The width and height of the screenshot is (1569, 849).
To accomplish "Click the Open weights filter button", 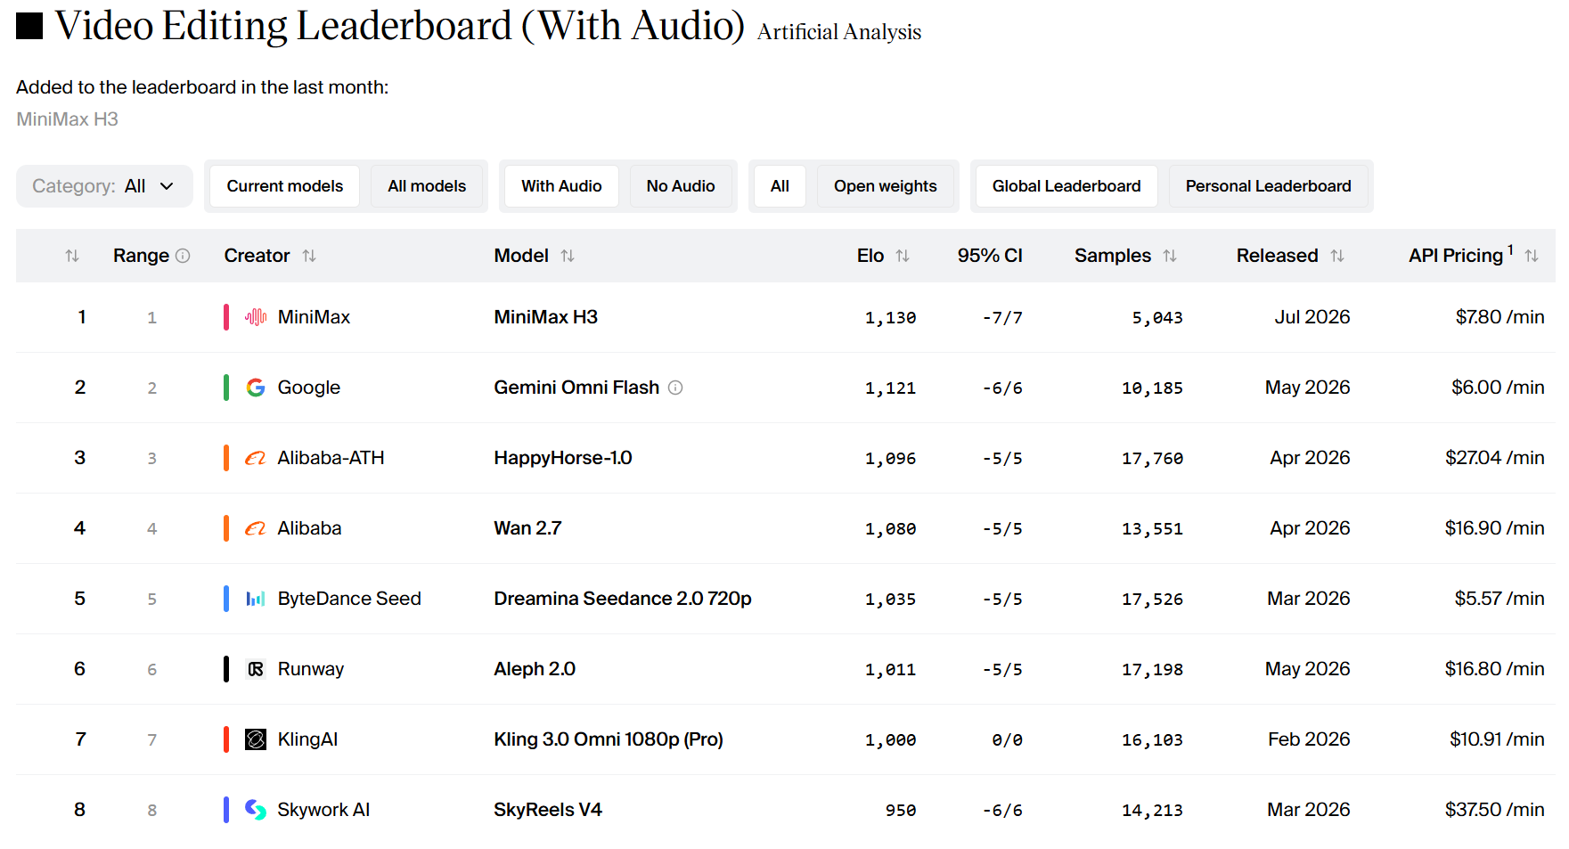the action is click(x=885, y=186).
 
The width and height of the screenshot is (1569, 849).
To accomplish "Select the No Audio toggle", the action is click(x=681, y=186).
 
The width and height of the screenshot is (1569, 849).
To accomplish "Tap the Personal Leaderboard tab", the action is click(x=1268, y=186).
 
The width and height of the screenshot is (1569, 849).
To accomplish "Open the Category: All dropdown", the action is click(x=104, y=186).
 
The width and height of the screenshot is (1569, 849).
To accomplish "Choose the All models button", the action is click(x=427, y=186).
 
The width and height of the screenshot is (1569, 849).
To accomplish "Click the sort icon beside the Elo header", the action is click(x=903, y=256).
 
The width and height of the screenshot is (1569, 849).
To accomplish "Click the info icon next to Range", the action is click(x=183, y=256).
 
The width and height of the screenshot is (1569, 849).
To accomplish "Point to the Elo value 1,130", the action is click(x=890, y=318).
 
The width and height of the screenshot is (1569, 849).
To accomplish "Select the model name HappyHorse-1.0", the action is click(x=563, y=458).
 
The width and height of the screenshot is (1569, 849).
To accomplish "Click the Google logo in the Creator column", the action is click(x=256, y=388).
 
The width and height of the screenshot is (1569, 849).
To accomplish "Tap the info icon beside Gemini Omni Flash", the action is click(x=675, y=388).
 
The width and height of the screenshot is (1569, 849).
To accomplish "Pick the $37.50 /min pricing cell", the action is click(x=1494, y=810).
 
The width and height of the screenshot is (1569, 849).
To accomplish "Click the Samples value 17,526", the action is click(x=1152, y=600).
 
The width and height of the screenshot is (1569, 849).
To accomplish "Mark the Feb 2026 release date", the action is click(x=1309, y=739).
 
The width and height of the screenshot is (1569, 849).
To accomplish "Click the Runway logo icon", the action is click(x=256, y=669).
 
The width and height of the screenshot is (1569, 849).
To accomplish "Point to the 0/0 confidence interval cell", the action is click(x=1007, y=740).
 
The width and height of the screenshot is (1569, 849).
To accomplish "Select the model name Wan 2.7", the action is click(x=527, y=528).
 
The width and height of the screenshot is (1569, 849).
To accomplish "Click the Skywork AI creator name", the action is click(x=323, y=810).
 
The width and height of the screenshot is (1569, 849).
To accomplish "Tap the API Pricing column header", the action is click(x=1456, y=256).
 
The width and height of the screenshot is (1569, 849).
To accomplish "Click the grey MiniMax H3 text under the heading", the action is click(x=67, y=119).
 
